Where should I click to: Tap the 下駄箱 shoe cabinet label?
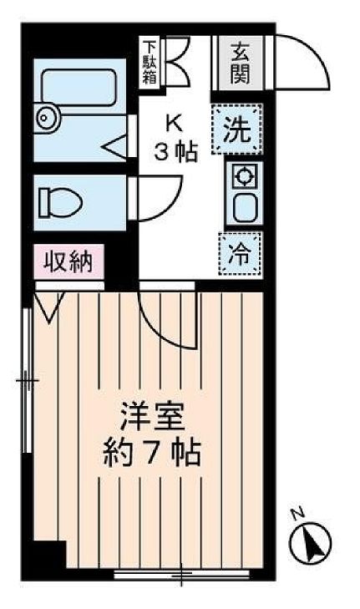pos(150,62)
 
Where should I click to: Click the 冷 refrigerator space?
pos(240,253)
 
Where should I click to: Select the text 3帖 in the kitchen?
pos(175,152)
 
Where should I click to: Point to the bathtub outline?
pos(80,87)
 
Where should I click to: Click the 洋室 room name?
pos(150,416)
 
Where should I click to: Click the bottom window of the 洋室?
pos(180,574)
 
